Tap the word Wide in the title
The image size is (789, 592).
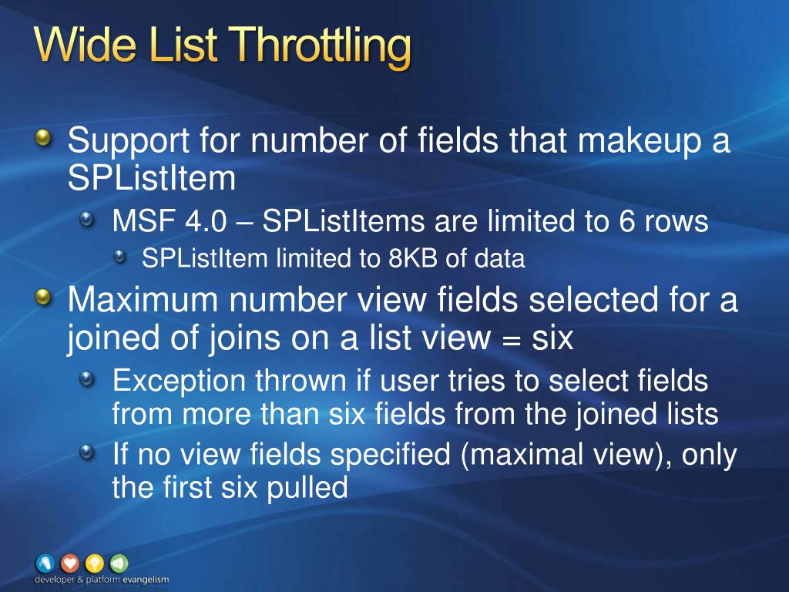[x=85, y=43]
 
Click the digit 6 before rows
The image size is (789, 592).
[x=626, y=221]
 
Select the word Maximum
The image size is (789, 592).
[x=143, y=300]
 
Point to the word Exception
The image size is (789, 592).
[x=179, y=382]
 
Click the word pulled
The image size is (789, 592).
[x=307, y=488]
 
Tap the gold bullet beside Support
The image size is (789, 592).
[x=44, y=137]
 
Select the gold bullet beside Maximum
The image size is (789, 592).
[x=44, y=297]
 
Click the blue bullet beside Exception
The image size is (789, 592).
[x=86, y=379]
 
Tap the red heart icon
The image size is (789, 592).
[x=70, y=563]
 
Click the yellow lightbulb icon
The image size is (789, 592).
[x=95, y=563]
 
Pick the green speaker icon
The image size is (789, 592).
[x=119, y=563]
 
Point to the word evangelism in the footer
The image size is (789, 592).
[x=146, y=580]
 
